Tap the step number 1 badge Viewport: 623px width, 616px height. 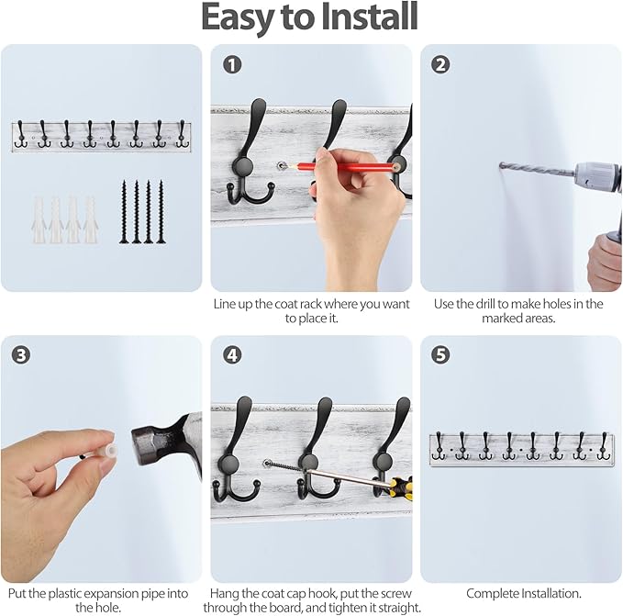[x=233, y=64]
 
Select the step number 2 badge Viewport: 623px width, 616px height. [x=441, y=64]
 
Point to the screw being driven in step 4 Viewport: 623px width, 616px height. [x=284, y=470]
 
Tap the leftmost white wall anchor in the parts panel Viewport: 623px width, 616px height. [x=40, y=219]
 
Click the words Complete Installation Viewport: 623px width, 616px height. [x=523, y=594]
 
